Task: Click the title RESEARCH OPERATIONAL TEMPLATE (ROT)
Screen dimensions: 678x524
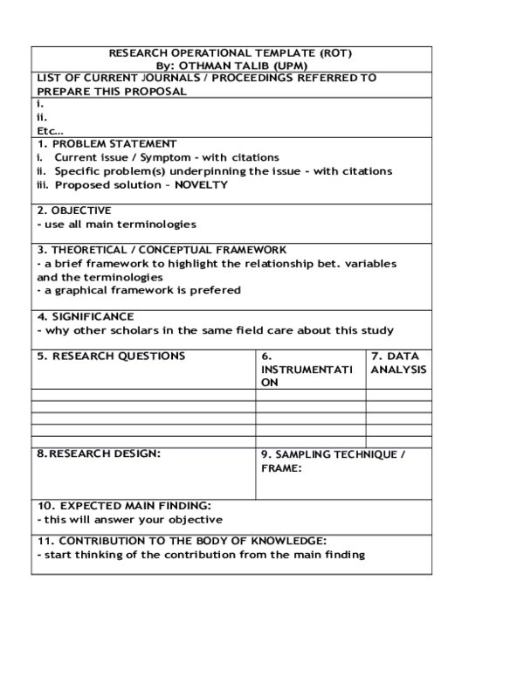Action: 231,53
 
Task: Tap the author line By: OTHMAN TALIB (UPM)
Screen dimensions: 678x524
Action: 231,66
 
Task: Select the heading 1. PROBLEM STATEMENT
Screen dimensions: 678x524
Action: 107,143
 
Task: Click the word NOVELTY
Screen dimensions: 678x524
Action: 201,185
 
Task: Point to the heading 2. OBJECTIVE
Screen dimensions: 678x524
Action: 74,211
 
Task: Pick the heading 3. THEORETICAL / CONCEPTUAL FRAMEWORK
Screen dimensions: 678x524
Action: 162,250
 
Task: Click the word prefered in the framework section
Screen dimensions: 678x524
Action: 219,290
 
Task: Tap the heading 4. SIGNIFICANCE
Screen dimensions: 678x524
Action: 85,316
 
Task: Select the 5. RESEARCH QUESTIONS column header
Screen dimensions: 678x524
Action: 111,356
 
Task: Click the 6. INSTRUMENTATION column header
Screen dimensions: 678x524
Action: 307,370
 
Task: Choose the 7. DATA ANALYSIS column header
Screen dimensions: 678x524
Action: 398,363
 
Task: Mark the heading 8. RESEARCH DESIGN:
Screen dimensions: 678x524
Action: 99,454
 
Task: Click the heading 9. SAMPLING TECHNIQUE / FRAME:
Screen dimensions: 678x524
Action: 333,461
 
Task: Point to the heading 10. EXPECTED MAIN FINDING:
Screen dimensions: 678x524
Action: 124,506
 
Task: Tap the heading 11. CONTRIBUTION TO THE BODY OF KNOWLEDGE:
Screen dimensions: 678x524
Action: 182,541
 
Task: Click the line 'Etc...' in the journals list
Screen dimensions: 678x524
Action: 50,130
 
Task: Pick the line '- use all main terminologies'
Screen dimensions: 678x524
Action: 116,225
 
